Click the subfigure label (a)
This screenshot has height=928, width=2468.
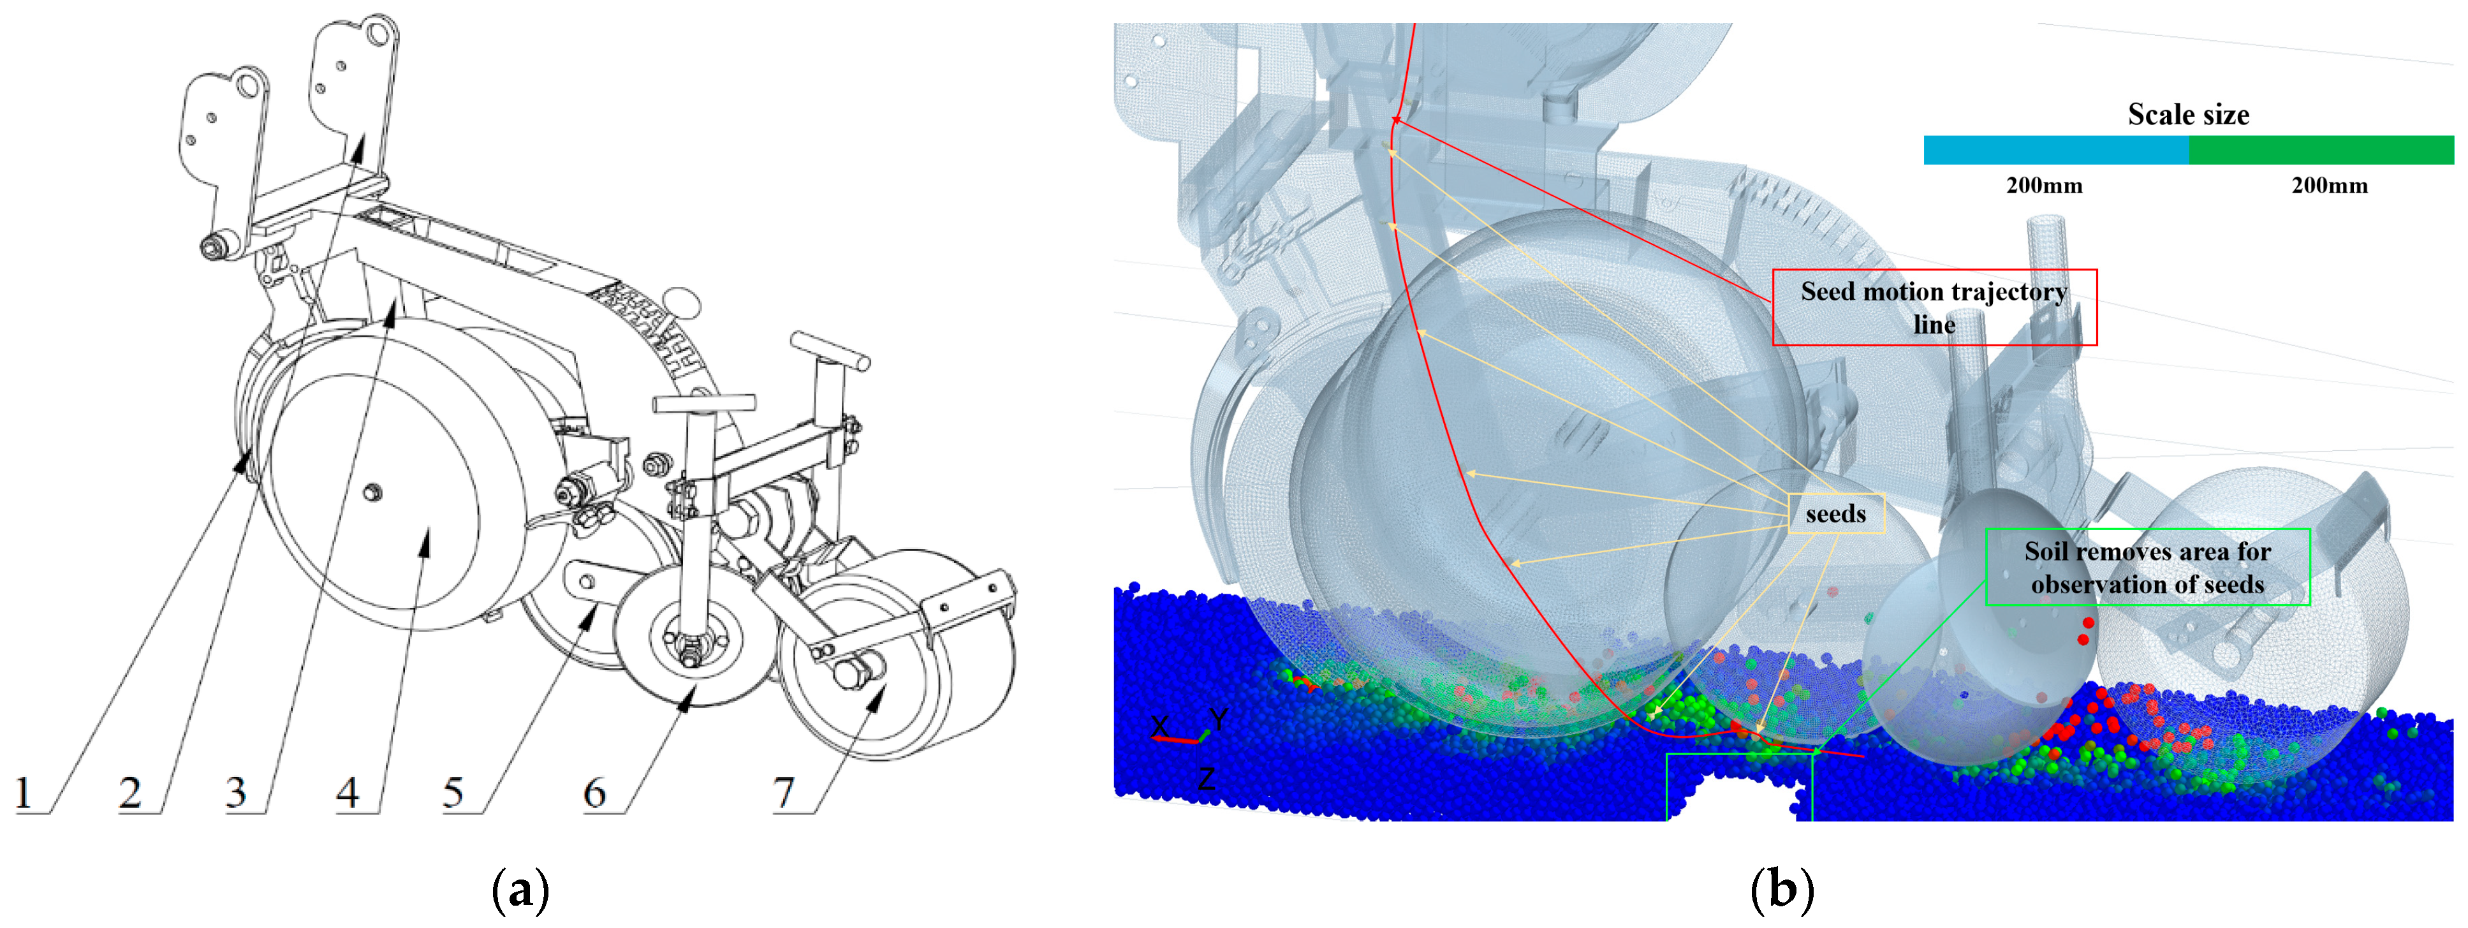(x=520, y=890)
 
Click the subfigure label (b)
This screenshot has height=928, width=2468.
(x=1782, y=890)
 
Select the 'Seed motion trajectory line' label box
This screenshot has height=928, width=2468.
(x=1934, y=307)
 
